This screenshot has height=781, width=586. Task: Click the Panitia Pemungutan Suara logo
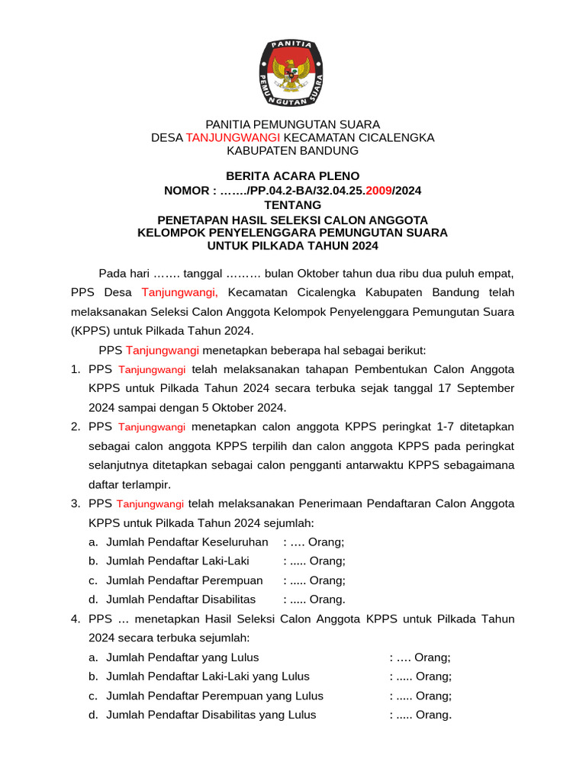[x=293, y=74]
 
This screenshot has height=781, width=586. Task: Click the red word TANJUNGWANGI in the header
[x=233, y=137]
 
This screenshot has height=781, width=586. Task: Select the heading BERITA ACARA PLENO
[x=293, y=176]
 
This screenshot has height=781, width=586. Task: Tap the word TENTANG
[x=293, y=204]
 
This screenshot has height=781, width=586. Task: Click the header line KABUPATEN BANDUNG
[x=293, y=151]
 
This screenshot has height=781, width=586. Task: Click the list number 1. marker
[x=76, y=369]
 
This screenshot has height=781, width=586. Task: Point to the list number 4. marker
[x=76, y=619]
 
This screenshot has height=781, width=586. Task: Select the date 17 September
[x=476, y=388]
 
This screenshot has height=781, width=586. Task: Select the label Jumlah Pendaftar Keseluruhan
[x=187, y=542]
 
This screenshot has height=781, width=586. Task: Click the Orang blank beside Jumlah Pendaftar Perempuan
[x=314, y=580]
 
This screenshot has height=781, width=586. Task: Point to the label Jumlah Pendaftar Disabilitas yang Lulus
[x=211, y=715]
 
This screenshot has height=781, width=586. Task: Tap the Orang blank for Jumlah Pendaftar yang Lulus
[x=420, y=657]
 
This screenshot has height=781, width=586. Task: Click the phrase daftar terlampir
[x=130, y=484]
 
